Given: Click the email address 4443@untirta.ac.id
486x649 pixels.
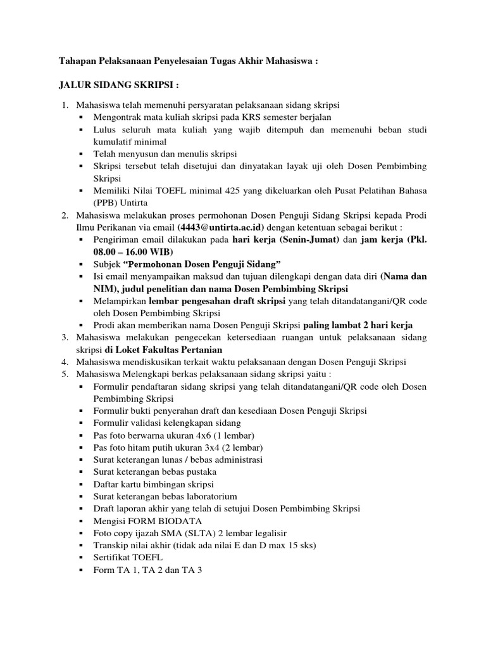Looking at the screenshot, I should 221,228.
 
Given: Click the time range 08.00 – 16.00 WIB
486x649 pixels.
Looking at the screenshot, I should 134,252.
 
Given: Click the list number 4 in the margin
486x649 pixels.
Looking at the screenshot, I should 65,362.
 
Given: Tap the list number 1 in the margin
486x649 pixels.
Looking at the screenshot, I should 65,104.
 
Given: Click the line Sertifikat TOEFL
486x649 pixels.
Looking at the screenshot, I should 128,557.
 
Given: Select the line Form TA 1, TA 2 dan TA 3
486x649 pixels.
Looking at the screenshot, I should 147,569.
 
